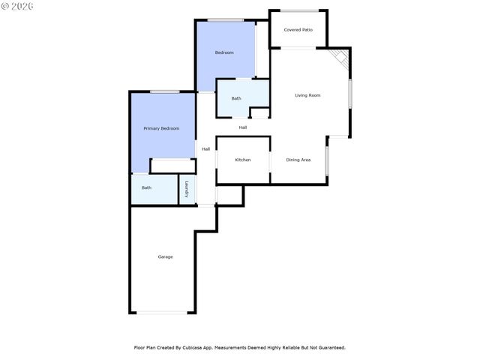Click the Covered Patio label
pos(298,30)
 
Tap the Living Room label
pos(307,95)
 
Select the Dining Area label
pos(298,160)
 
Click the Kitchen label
pos(243,160)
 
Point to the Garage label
pos(165,256)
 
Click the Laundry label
pos(187,189)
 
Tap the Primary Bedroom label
pos(161,128)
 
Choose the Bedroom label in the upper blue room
pos(224,52)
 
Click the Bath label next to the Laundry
pos(146,187)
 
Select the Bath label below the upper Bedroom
pos(236,98)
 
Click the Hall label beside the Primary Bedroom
pos(205,148)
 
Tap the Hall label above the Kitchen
pos(243,127)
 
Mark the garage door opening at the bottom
pos(163,312)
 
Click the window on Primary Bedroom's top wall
pos(163,91)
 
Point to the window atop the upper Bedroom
pos(223,19)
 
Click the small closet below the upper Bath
pos(259,112)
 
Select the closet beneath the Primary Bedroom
pos(172,166)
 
